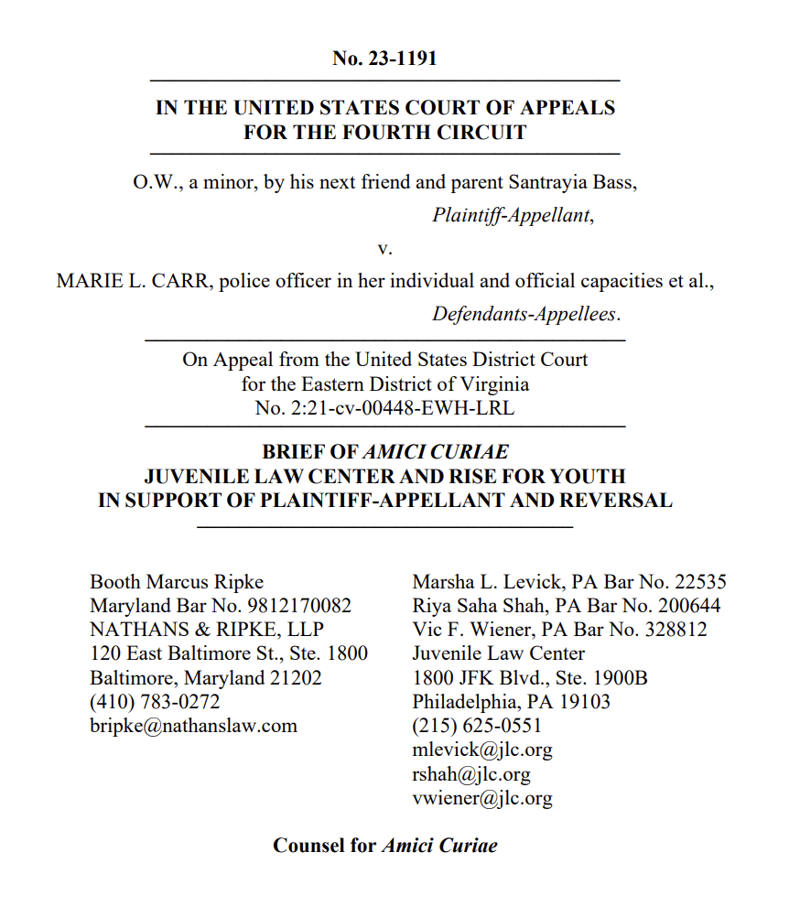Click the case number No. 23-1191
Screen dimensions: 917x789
pos(384,59)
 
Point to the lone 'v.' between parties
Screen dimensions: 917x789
pos(384,248)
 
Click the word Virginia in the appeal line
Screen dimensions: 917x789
pos(487,384)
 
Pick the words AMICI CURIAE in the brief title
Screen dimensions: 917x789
pos(436,452)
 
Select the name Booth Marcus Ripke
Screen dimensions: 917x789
pos(177,582)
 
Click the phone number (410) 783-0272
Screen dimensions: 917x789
pos(155,702)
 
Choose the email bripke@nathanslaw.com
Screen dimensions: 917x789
pos(193,726)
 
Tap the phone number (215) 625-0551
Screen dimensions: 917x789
pos(477,726)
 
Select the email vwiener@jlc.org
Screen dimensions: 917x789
pos(482,798)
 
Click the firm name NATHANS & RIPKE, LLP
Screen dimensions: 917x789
pos(206,630)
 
